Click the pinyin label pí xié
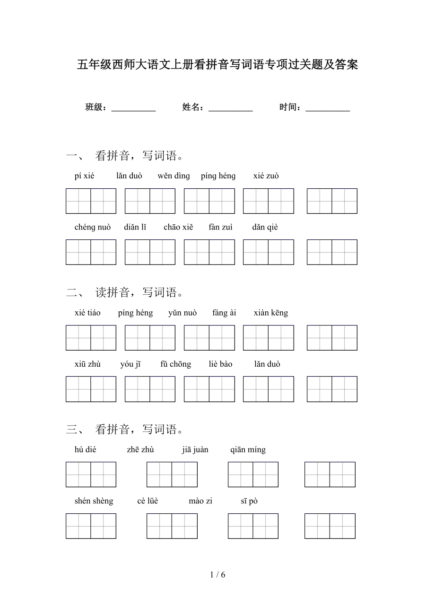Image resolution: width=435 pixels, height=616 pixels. click(x=84, y=176)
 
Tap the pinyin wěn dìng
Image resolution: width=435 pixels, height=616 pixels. click(x=174, y=176)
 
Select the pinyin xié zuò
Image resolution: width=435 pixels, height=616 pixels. click(x=266, y=176)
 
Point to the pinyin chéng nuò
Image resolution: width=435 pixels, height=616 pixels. click(x=93, y=227)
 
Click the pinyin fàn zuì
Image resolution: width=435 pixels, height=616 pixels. click(x=220, y=227)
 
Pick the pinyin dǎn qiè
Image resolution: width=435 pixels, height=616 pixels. click(x=265, y=227)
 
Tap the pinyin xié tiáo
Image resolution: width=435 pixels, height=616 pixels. click(x=87, y=313)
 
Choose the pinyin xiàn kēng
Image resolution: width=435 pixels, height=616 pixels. click(x=270, y=313)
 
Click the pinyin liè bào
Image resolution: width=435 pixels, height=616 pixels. click(x=220, y=364)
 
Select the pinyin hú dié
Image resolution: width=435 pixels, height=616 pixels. click(x=85, y=449)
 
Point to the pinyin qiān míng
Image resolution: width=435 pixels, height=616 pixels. click(x=248, y=449)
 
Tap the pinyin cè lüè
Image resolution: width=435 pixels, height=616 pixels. click(x=148, y=501)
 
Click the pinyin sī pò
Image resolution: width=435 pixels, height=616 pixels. click(x=249, y=501)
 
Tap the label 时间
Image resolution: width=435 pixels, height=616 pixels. click(x=290, y=107)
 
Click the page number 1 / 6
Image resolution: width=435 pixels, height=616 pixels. click(x=217, y=575)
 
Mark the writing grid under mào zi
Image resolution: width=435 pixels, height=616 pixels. click(x=253, y=526)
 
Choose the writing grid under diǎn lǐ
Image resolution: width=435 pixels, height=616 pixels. click(x=150, y=252)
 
